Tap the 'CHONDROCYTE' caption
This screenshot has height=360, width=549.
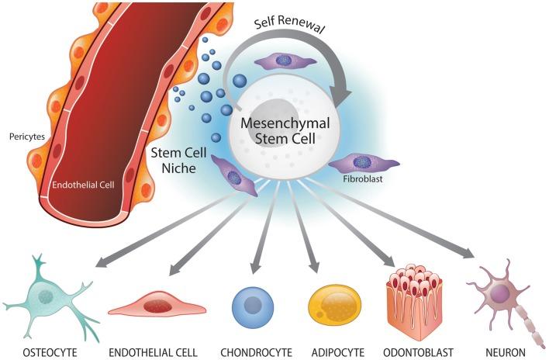[x=256, y=350]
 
